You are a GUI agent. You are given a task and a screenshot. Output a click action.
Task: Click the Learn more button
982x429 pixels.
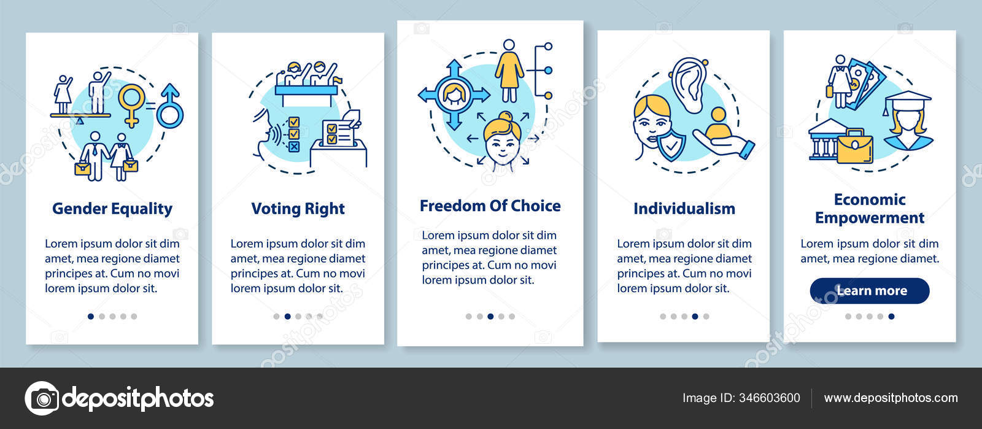point(870,291)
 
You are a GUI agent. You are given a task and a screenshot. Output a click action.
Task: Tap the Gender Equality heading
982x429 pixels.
point(112,209)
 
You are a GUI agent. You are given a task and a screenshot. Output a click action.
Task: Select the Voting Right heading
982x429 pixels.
point(298,209)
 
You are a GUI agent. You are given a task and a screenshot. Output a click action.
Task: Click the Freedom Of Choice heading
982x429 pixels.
point(490,206)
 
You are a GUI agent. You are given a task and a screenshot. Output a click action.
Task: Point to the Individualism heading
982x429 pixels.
point(684,209)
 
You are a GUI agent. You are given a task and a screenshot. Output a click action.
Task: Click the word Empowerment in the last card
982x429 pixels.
point(869,218)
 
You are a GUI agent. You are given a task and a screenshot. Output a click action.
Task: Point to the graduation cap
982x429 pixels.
point(907,100)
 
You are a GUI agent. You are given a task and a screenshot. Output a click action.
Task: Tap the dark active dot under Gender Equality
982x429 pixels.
point(91,317)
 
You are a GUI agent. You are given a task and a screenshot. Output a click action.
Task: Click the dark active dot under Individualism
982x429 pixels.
point(695,317)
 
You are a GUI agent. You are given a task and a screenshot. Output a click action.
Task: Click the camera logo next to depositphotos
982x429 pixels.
point(42,398)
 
